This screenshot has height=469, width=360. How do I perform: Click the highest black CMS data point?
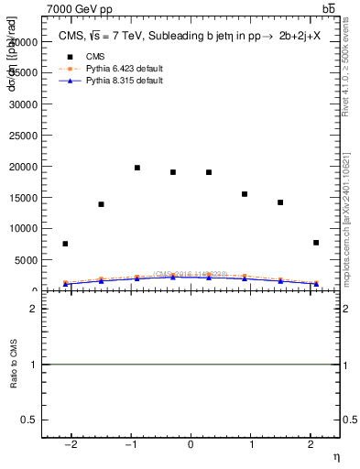click(x=137, y=168)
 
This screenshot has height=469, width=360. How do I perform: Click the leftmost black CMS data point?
click(x=65, y=244)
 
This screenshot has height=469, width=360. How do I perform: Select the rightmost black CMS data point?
click(x=316, y=243)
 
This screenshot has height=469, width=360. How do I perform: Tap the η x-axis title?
click(x=335, y=456)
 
